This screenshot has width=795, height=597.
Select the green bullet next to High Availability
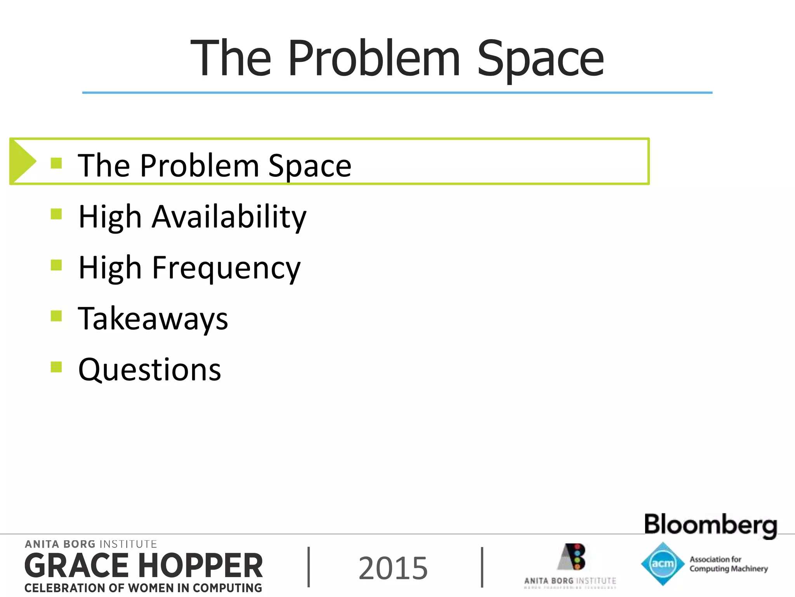tap(56, 214)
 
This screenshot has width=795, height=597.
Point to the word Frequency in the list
tap(226, 268)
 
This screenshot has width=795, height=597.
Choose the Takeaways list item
tap(153, 319)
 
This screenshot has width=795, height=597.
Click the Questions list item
tap(149, 370)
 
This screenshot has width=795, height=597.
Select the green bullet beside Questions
tap(56, 367)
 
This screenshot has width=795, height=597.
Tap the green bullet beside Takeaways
tap(56, 316)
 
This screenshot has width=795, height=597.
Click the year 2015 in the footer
tap(393, 568)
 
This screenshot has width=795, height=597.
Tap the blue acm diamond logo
tap(663, 564)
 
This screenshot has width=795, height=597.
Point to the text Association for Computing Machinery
tap(728, 564)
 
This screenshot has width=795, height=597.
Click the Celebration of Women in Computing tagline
tap(143, 588)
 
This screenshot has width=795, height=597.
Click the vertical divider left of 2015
tap(309, 567)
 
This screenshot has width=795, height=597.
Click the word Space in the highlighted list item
tap(310, 166)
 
